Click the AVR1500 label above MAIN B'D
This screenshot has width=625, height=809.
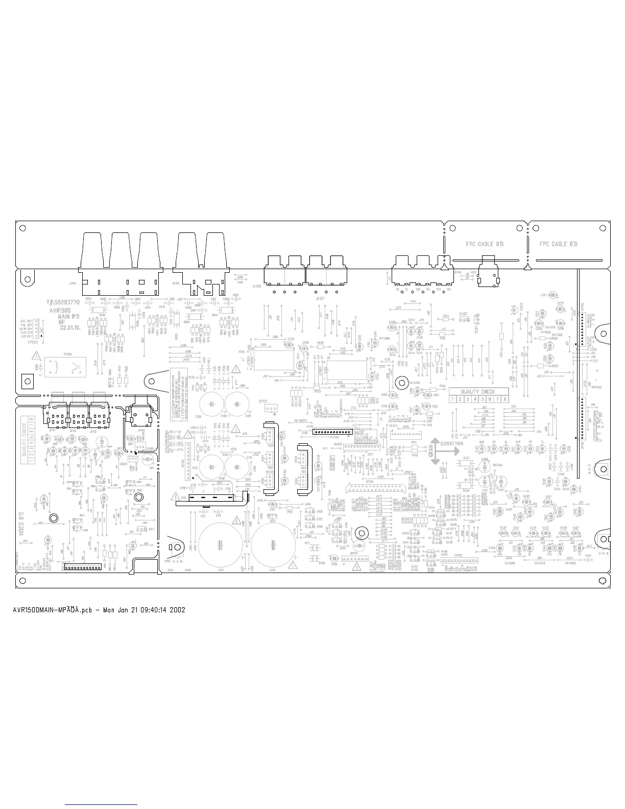point(60,310)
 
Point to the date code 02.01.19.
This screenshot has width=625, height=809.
point(71,328)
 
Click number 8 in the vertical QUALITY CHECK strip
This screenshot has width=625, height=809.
point(32,420)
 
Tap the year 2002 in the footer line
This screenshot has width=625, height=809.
point(178,609)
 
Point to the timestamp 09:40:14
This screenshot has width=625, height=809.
point(150,609)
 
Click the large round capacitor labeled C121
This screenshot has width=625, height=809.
point(221,544)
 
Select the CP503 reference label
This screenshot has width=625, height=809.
point(33,342)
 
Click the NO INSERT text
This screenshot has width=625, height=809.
point(296,421)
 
